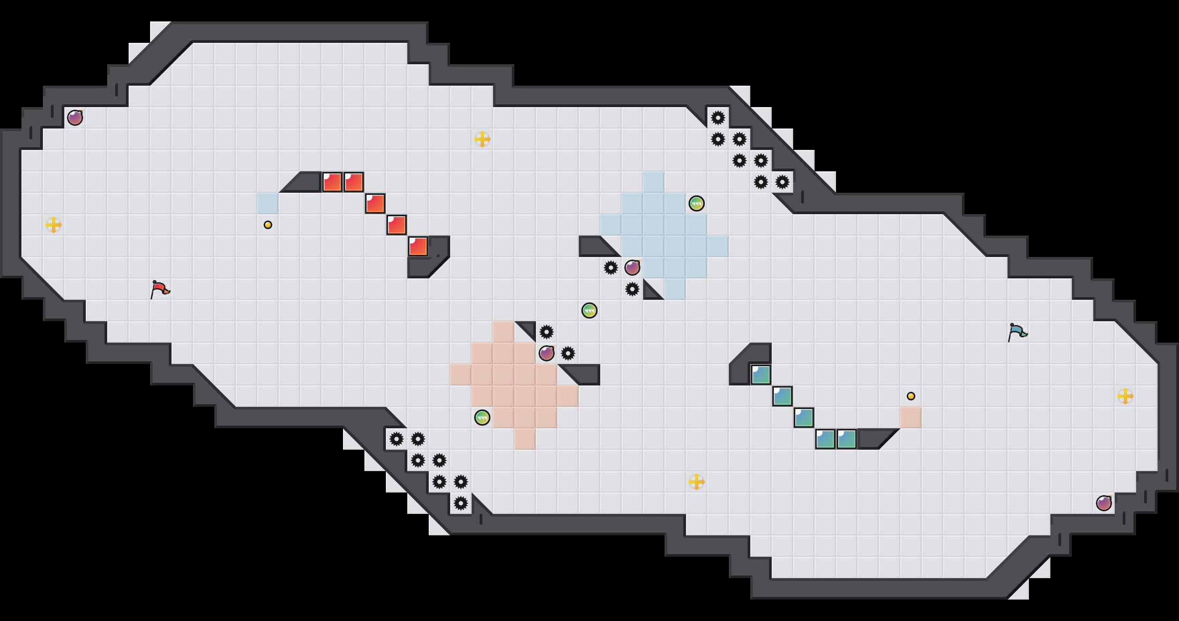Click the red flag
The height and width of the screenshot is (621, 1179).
pos(160,290)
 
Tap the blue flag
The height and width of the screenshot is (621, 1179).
pos(1017,332)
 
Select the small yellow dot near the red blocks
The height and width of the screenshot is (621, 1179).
pos(268,225)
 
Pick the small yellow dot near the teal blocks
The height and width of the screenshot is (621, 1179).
pos(911,396)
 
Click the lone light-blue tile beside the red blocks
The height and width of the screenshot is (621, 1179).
pos(268,203)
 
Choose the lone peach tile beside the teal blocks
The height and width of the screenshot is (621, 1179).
pos(911,418)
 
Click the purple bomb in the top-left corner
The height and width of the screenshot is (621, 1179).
pos(75,118)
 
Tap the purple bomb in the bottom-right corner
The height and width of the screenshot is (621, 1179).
pos(1104,503)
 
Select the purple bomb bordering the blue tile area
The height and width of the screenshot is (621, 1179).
pos(632,268)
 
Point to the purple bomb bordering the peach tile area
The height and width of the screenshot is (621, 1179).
pos(547,353)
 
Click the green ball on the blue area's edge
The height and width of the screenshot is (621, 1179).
pos(697,203)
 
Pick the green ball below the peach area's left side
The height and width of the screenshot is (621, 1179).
pos(482,418)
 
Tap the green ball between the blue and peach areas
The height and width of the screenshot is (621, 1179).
pos(589,310)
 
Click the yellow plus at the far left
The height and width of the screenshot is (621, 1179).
pos(54,225)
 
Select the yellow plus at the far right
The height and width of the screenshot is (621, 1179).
pos(1125,396)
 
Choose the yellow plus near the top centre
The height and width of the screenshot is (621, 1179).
pos(482,139)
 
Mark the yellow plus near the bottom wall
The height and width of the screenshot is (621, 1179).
pos(697,482)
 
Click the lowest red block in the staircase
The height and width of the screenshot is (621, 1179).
pos(418,246)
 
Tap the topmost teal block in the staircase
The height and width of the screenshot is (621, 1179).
pos(761,375)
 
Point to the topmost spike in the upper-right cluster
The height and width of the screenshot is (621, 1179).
pos(718,118)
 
